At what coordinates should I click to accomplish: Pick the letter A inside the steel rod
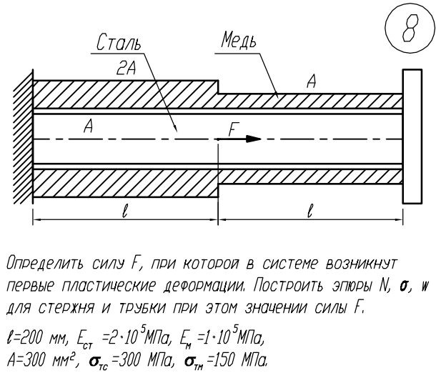(89, 127)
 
